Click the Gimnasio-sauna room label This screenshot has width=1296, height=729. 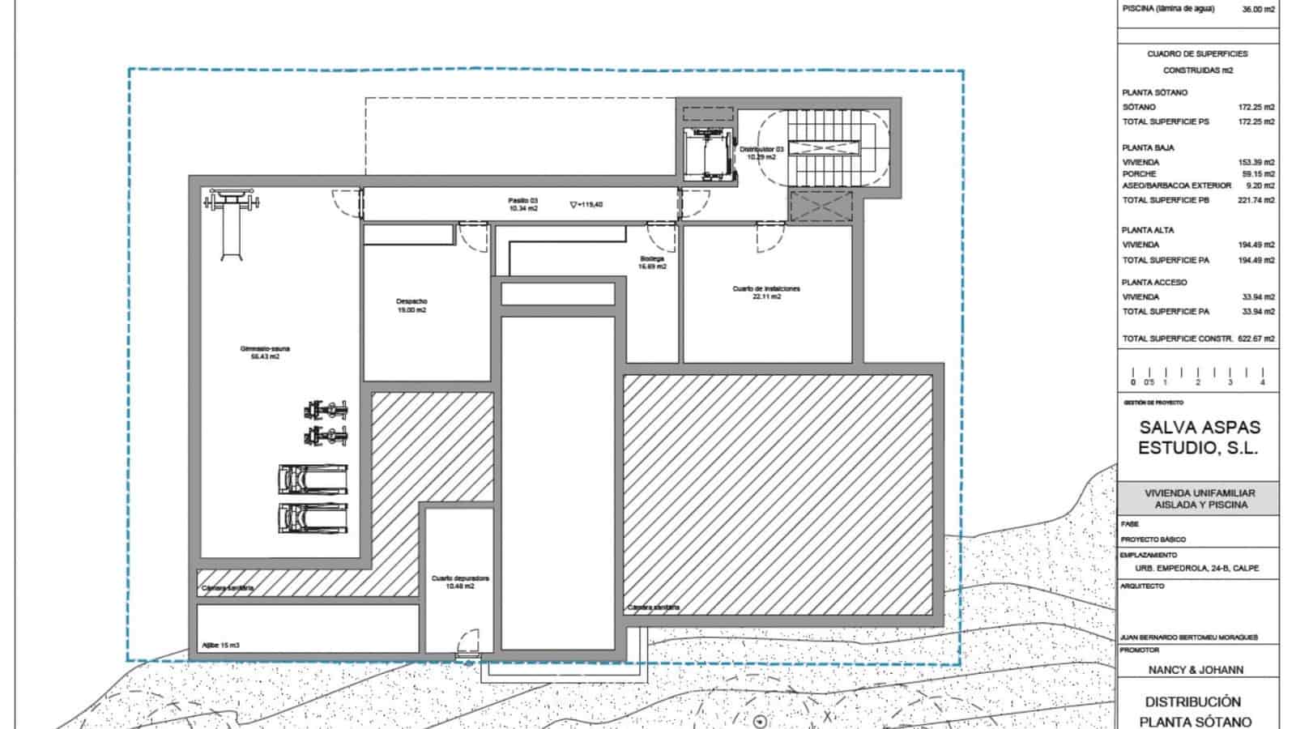tap(265, 352)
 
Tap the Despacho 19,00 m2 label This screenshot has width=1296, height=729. tap(411, 305)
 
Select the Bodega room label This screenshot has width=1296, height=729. tap(652, 262)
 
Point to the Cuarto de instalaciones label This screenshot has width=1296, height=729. tap(766, 292)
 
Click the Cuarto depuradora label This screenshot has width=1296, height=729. tap(460, 582)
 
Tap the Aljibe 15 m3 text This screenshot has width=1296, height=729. tap(220, 645)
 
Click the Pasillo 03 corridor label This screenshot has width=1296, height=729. tap(523, 204)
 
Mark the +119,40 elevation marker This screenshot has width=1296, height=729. tap(586, 205)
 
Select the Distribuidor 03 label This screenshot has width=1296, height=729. tap(761, 153)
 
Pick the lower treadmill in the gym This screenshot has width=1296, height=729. tap(313, 518)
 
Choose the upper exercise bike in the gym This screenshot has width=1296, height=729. tap(326, 410)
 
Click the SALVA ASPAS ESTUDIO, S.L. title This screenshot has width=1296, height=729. tap(1198, 437)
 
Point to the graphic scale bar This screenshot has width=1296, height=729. tap(1197, 376)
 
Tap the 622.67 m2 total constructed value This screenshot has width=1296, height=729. tap(1255, 339)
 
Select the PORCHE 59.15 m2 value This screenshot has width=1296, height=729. tap(1256, 174)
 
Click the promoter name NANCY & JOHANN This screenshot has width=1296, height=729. tap(1196, 670)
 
